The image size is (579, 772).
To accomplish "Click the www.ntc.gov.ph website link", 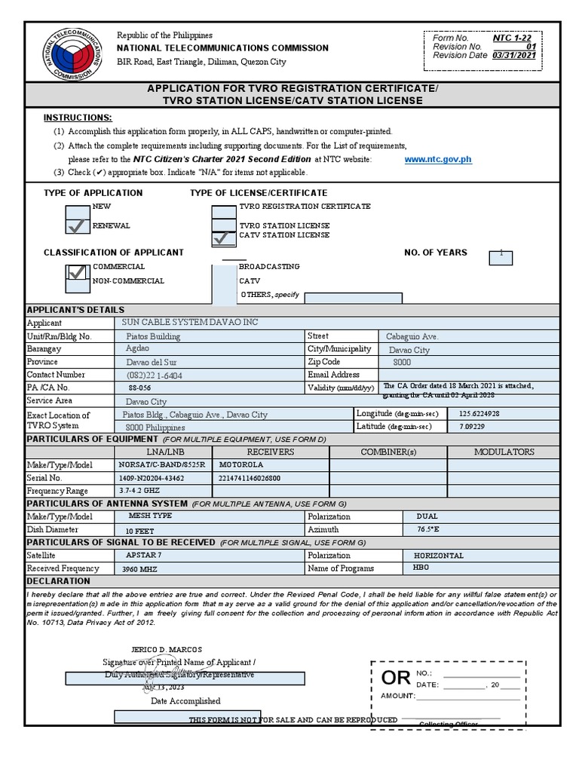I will [x=438, y=159].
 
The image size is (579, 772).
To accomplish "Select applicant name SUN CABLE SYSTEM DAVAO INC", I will [x=190, y=323].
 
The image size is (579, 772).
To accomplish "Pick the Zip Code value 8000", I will [x=403, y=363].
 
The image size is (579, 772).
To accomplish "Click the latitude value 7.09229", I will [x=473, y=427].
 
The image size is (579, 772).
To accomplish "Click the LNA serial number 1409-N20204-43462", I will [x=152, y=478].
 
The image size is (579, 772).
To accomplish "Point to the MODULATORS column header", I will [x=504, y=452].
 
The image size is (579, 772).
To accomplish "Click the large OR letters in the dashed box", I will [x=395, y=677].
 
